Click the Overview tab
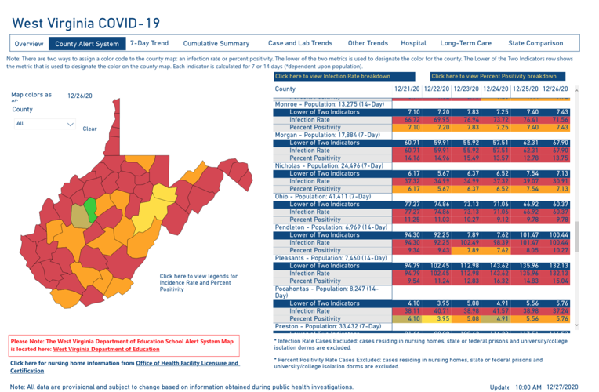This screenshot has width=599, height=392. coord(28,44)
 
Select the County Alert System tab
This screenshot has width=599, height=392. coord(87,44)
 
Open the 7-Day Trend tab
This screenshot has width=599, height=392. coord(149,44)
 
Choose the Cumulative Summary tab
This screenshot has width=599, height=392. coord(216,44)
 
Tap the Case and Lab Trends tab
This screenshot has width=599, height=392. coord(299,44)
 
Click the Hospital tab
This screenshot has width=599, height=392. coord(413,44)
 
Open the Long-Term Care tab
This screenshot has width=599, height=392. coord(466,44)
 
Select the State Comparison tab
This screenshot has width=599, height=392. coord(535,44)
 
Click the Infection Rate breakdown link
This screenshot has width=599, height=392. coord(332,76)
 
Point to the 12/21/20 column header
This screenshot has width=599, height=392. coord(407,89)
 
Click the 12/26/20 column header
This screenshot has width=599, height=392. coord(555,89)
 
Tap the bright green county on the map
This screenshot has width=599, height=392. coord(90,208)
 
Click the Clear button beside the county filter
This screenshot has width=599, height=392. coord(89,129)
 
